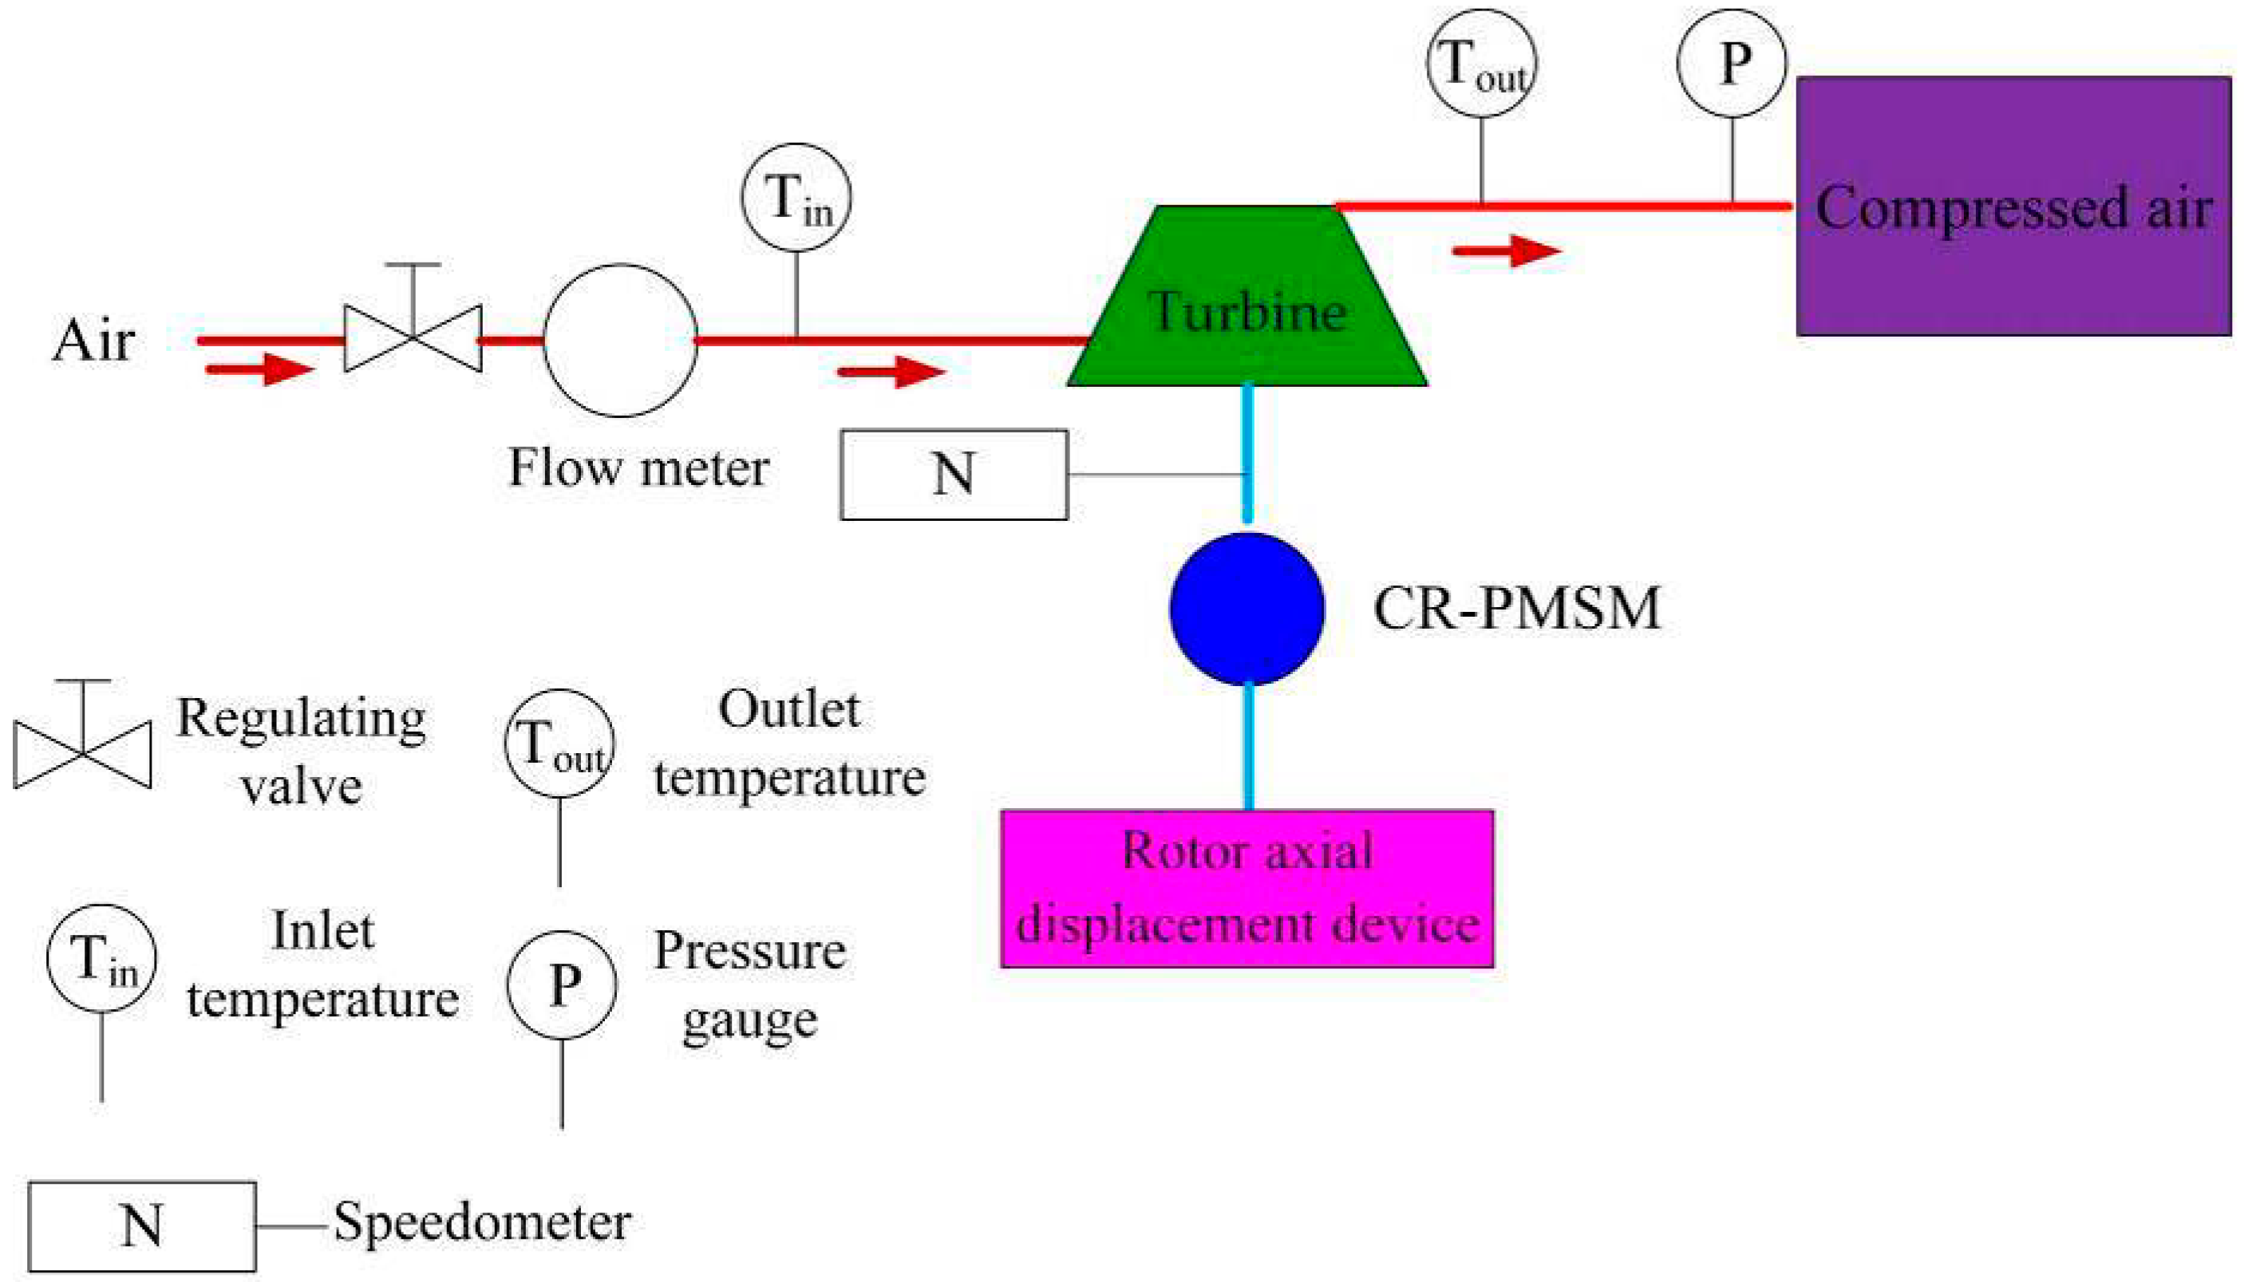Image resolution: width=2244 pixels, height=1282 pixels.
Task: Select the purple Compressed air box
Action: [2013, 206]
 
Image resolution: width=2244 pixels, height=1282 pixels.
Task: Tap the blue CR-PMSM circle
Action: [1247, 609]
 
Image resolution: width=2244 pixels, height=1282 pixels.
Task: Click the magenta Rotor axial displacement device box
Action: [1247, 889]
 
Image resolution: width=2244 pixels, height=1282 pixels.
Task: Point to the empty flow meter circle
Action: [621, 340]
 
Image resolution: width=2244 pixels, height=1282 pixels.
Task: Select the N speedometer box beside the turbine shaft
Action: [954, 475]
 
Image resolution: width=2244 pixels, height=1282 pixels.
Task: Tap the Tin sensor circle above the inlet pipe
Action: [796, 197]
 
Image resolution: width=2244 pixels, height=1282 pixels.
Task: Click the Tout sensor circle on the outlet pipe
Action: [1482, 63]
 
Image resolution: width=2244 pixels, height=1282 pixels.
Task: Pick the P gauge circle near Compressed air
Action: [1732, 63]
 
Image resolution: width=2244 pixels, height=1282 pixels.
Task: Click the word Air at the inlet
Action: [93, 340]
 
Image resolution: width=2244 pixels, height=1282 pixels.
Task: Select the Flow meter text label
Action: [639, 467]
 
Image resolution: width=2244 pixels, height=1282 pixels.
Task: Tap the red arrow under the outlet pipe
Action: [1506, 251]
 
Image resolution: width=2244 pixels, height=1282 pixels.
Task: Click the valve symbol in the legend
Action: [83, 734]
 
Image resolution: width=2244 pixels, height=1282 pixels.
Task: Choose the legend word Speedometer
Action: [482, 1222]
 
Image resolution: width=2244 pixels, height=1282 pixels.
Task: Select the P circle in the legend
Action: [562, 984]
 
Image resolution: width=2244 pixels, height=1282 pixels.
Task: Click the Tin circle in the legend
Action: [102, 958]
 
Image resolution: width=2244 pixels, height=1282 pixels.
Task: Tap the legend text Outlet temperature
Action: [790, 745]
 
